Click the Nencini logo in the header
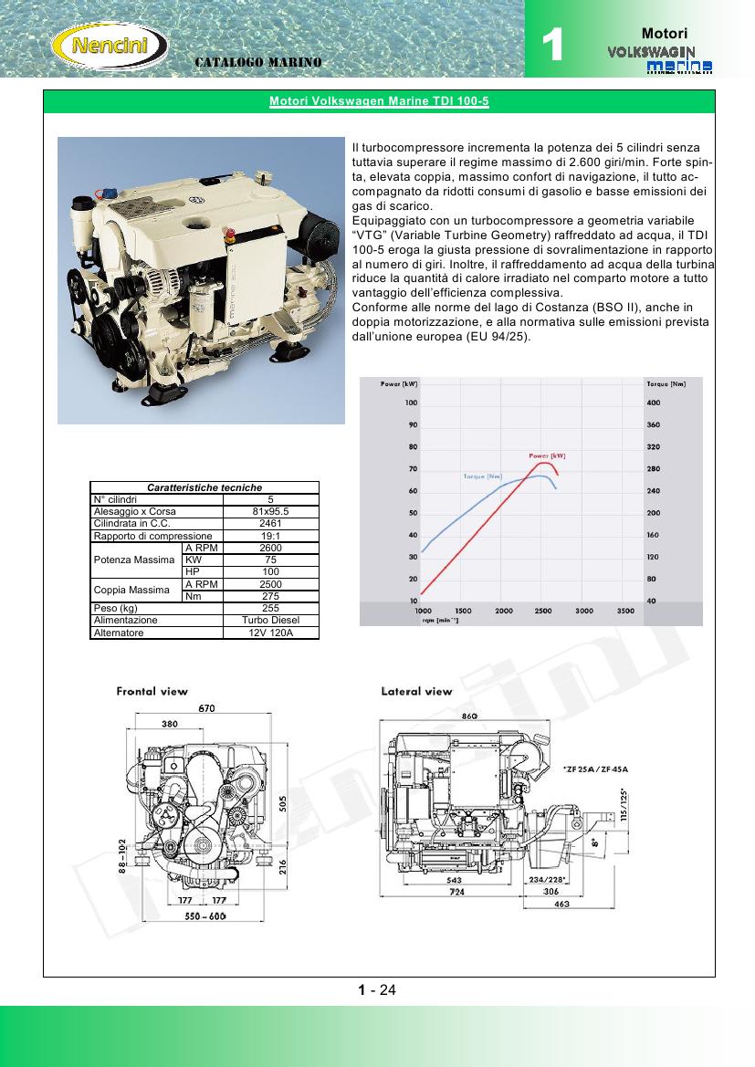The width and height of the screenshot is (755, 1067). [x=110, y=44]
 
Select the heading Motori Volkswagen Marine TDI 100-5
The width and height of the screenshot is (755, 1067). [x=379, y=102]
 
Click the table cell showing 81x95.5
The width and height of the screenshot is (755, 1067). [x=270, y=512]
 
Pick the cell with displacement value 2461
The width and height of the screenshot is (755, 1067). [x=270, y=524]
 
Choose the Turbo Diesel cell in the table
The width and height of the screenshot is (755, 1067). [x=270, y=620]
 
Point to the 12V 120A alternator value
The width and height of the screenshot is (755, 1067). [x=270, y=632]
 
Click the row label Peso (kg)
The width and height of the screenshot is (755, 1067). [x=116, y=608]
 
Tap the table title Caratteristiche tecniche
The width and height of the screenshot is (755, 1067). [x=204, y=487]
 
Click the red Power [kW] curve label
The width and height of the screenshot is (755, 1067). [x=547, y=455]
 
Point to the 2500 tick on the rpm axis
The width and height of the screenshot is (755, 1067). [x=543, y=610]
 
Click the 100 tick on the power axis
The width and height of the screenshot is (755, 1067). [x=411, y=403]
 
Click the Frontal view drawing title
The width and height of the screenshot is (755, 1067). [x=152, y=691]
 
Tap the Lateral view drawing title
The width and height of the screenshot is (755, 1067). [x=416, y=691]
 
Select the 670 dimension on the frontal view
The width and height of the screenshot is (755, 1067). [x=207, y=707]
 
